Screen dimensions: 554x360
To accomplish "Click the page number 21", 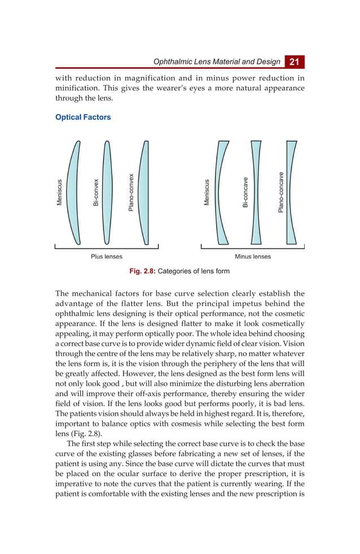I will tap(295, 62).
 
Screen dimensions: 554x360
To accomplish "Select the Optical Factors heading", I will tap(83, 117).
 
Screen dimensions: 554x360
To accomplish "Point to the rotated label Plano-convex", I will tap(131, 193).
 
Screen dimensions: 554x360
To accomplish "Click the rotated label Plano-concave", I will tap(280, 193).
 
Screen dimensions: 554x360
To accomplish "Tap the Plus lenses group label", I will tap(107, 256).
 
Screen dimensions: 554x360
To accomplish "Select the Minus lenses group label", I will tap(253, 256).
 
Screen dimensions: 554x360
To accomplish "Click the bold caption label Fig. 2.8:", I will tap(142, 271).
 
